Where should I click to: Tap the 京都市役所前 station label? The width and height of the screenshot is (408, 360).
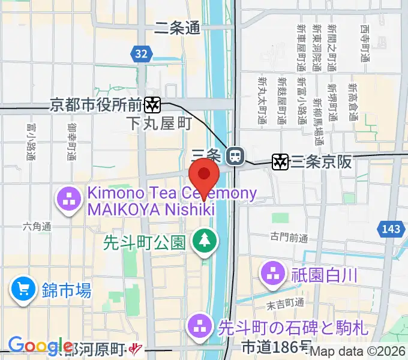point(95,105)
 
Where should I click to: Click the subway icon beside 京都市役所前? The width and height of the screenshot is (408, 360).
point(153,105)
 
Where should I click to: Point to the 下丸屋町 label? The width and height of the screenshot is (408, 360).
point(159,124)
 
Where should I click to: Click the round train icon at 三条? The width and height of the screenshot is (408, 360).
point(236,156)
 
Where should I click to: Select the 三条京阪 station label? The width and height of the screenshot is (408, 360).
point(321,161)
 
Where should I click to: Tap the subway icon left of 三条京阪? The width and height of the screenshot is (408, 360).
point(280,161)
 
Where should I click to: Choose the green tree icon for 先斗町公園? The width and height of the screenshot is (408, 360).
point(205,241)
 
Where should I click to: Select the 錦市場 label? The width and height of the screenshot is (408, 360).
point(67,292)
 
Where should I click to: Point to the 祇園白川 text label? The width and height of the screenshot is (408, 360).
point(325,275)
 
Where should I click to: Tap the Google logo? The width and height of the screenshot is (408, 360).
point(41,346)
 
